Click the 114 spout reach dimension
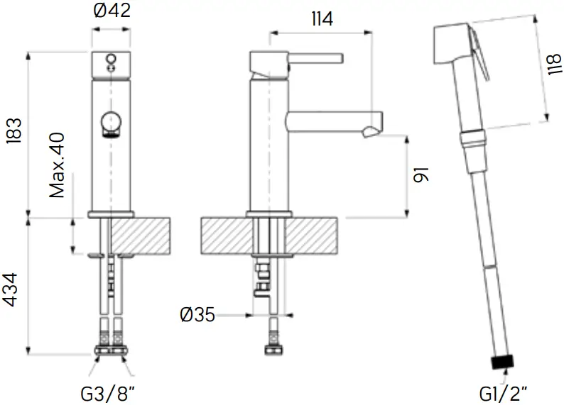tap(321, 19)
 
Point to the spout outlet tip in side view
tap(372, 130)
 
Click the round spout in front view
tap(112, 123)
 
